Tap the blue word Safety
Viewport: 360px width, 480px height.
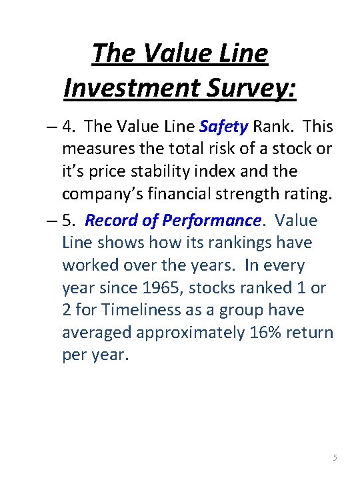223,126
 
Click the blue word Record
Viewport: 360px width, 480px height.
109,220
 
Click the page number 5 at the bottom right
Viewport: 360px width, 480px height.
335,458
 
